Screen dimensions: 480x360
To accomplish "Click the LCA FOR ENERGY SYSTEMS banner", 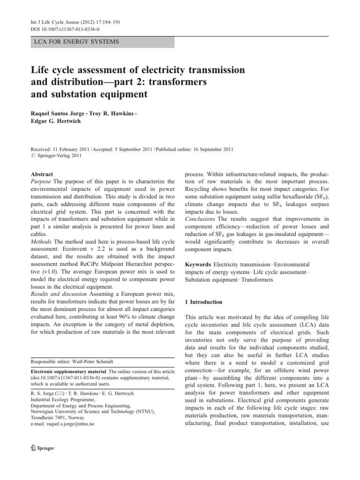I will point(75,42).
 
